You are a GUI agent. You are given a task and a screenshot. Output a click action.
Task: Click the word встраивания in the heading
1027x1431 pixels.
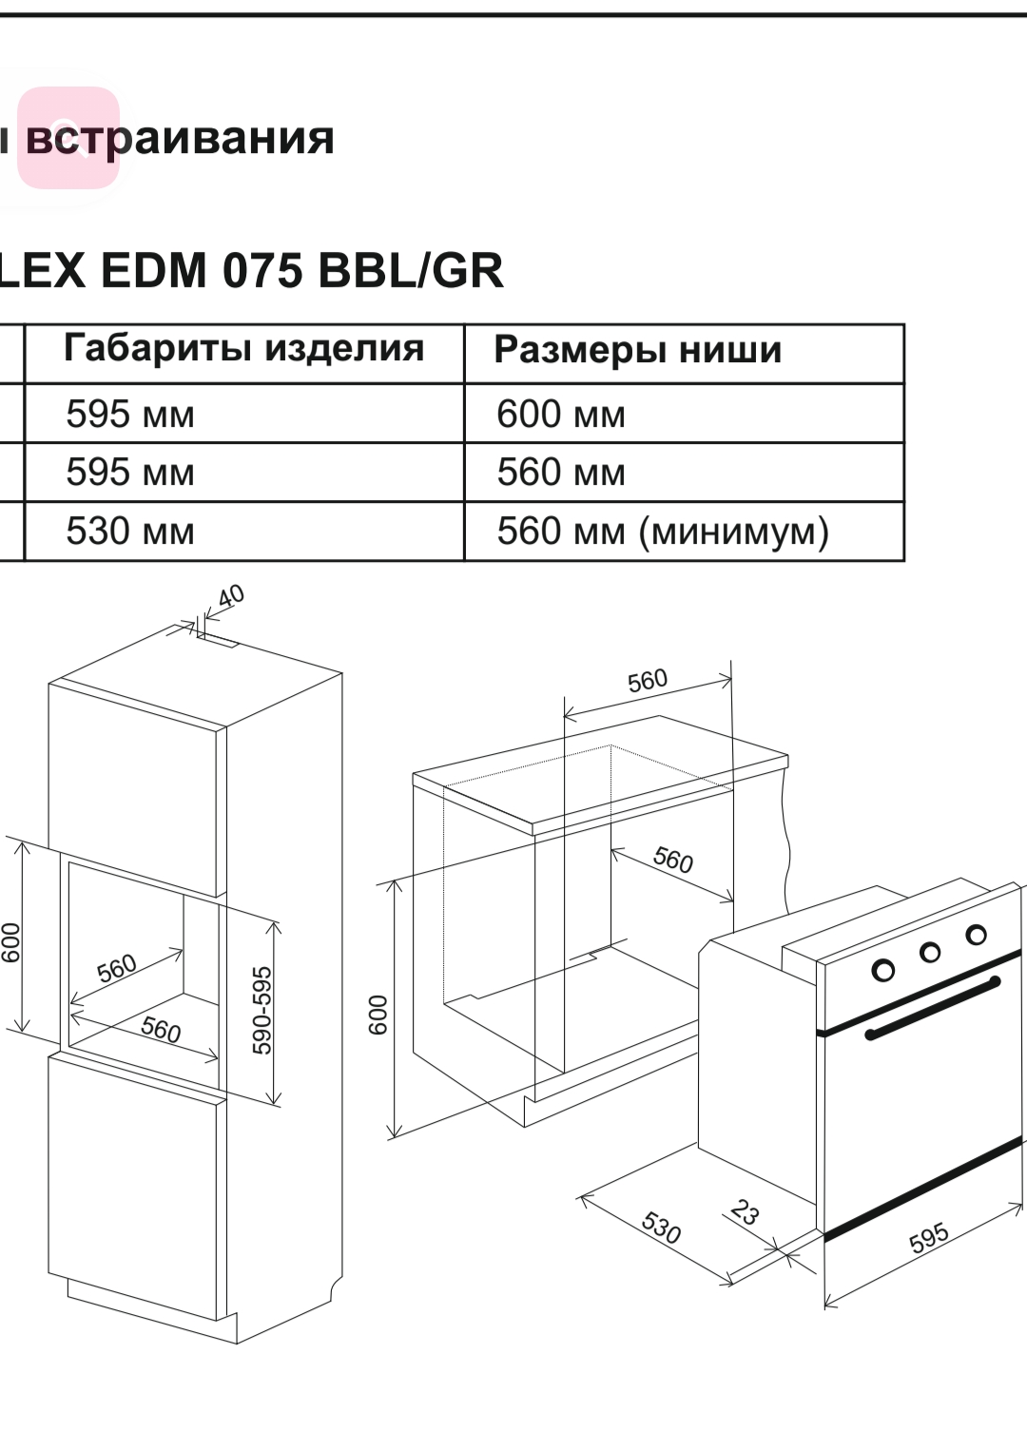coord(180,139)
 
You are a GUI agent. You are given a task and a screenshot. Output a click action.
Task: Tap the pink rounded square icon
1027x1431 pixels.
coord(68,137)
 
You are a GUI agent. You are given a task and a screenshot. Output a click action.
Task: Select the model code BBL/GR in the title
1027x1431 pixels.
coord(410,271)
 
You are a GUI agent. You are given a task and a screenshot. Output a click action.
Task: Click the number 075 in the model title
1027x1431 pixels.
coord(262,271)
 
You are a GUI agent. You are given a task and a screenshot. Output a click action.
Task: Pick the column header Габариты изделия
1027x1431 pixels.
coord(243,348)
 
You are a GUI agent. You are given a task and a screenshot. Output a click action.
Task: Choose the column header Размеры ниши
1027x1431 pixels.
coord(637,350)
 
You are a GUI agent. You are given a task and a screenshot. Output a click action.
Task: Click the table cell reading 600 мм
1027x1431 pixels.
coord(561,415)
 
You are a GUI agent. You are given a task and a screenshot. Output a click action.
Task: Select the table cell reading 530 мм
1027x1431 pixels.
coord(130,532)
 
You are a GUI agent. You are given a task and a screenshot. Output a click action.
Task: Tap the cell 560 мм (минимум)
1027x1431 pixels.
coord(663,532)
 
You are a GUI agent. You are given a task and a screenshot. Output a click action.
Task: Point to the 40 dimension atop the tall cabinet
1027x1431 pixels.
coord(231,596)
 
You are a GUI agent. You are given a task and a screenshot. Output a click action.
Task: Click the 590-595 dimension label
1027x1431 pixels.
coord(262,1010)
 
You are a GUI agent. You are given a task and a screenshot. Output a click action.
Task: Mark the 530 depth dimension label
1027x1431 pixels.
coord(661,1228)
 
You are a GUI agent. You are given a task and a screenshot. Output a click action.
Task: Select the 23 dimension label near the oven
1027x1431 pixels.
coord(745,1212)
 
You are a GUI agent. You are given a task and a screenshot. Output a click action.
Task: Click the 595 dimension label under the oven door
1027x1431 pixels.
coord(928,1237)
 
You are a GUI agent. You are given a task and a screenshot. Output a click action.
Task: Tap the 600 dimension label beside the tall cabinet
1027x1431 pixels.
coord(10,941)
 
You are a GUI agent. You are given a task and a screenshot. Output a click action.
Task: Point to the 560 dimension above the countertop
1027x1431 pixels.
coord(648,681)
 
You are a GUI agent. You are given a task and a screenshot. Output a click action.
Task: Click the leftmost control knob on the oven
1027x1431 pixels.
coord(883,970)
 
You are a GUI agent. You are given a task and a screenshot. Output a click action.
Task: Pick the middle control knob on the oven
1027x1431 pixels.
coord(930,952)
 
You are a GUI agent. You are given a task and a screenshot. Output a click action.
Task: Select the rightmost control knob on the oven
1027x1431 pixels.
coord(976,935)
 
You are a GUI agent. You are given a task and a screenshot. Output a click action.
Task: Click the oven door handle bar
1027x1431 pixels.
coord(932,1007)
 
